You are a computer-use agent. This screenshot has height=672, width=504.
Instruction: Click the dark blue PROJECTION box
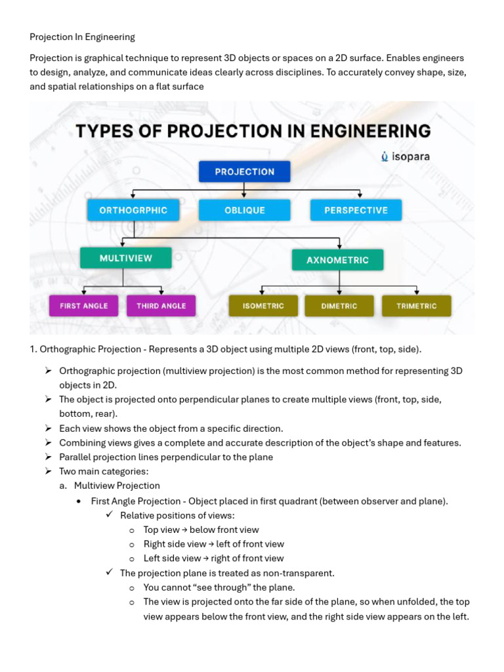[x=244, y=171]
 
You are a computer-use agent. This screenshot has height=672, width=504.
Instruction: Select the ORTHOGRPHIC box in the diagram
[x=133, y=210]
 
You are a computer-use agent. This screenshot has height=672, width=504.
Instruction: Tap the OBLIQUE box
[x=244, y=210]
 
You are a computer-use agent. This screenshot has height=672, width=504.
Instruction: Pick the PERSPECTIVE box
[x=356, y=210]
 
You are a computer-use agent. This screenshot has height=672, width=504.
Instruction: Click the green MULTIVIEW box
[x=125, y=258]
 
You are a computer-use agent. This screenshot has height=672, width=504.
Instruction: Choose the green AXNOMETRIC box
[x=337, y=260]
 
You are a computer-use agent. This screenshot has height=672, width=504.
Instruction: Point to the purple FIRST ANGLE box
[x=83, y=306]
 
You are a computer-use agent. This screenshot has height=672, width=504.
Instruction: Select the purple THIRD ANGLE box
[x=161, y=306]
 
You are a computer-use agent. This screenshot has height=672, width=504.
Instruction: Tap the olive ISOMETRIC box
[x=263, y=306]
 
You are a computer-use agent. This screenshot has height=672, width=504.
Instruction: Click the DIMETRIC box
[x=339, y=306]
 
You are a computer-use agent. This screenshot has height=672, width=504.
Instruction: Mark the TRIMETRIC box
[x=417, y=306]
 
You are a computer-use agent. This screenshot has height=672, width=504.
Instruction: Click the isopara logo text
[x=410, y=156]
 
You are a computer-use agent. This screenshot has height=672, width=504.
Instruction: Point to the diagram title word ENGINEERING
[x=370, y=131]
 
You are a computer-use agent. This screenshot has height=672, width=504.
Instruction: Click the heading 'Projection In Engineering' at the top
[x=82, y=37]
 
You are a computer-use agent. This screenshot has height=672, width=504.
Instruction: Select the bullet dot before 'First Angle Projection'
[x=79, y=501]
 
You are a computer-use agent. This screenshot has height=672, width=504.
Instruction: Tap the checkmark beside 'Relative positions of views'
[x=110, y=514]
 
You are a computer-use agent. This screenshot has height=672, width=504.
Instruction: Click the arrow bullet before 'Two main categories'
[x=48, y=471]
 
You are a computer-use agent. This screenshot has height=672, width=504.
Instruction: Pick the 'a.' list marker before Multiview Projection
[x=63, y=486]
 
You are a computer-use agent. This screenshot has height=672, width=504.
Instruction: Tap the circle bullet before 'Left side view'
[x=131, y=559]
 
